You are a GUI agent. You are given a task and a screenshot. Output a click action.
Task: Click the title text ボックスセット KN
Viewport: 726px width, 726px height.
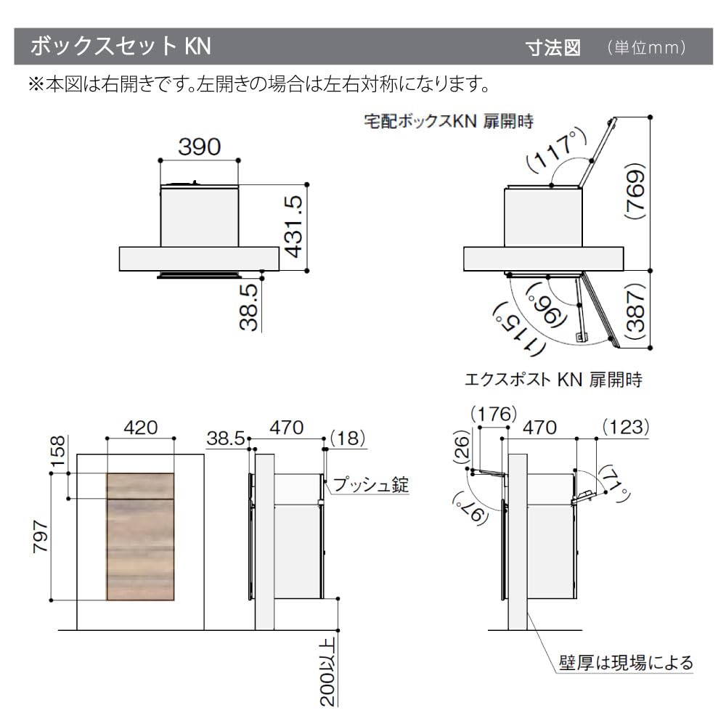click(120, 46)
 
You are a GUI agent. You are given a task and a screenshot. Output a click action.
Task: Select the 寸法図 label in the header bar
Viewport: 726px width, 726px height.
click(553, 48)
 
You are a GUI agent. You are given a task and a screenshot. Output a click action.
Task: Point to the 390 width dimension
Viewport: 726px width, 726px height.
click(200, 147)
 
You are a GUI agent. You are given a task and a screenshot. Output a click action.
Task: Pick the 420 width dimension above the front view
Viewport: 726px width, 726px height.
click(140, 428)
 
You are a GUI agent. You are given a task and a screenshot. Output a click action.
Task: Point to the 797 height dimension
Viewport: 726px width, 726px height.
click(41, 537)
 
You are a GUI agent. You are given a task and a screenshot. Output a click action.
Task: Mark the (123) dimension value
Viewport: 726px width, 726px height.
click(624, 427)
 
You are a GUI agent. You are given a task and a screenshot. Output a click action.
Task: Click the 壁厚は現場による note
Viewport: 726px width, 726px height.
click(625, 662)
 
